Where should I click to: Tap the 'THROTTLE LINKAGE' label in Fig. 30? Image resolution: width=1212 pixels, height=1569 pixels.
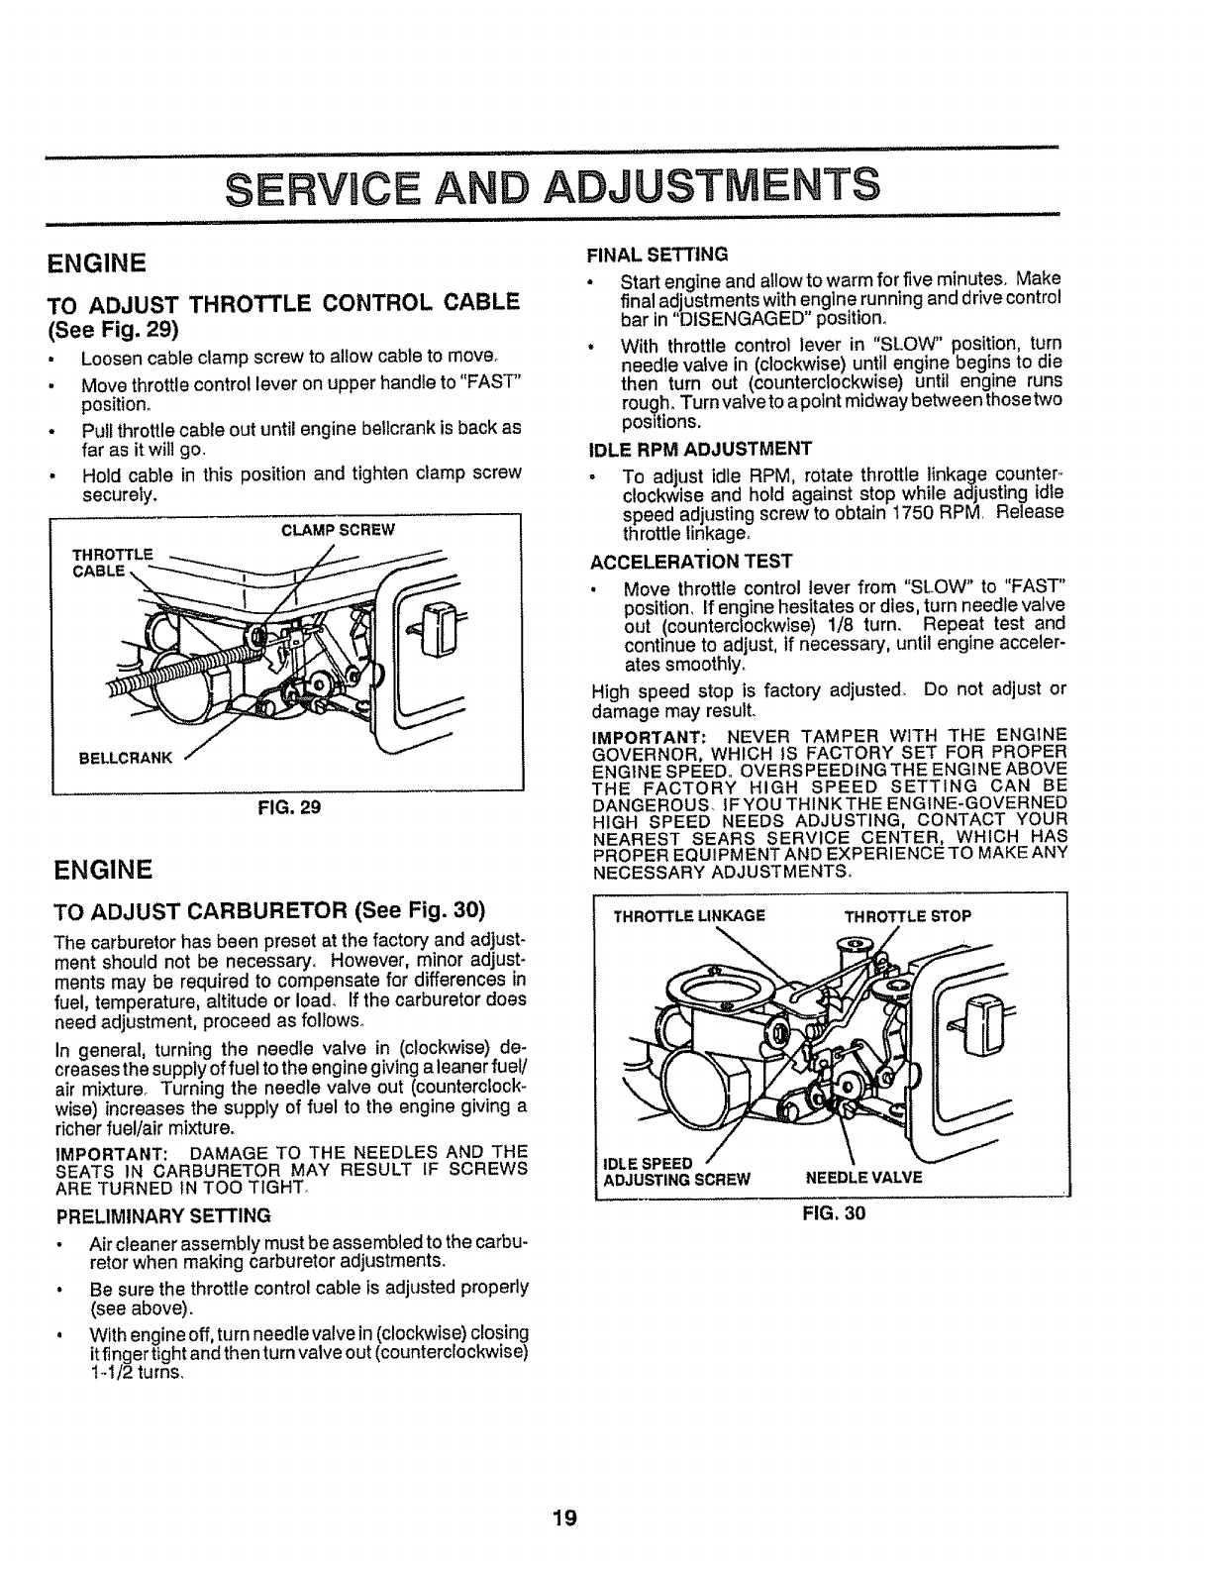[689, 916]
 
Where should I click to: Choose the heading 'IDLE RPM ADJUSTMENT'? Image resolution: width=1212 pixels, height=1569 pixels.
[700, 447]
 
